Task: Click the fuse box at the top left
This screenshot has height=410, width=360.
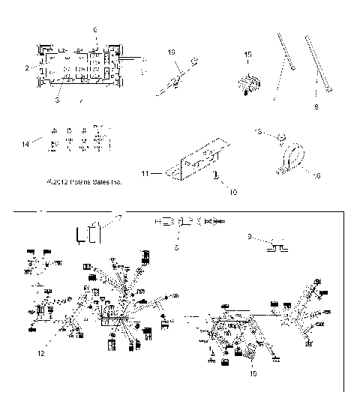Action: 76,66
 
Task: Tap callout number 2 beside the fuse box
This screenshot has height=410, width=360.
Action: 26,67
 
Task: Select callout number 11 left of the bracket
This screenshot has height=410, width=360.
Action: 146,173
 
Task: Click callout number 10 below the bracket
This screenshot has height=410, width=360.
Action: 212,192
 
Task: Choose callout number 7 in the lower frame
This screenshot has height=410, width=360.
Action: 118,217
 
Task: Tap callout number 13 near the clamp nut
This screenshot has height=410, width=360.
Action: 257,132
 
